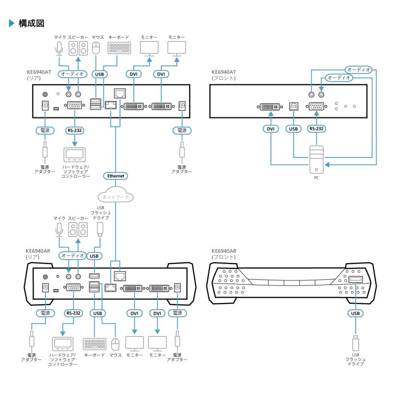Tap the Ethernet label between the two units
point(115,176)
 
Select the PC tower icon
point(316,159)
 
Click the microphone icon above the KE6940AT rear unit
point(58,49)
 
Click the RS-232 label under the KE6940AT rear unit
point(74,131)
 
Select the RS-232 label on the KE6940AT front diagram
point(316,129)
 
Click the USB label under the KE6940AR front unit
point(355,313)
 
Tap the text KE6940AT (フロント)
point(224,74)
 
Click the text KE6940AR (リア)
point(38,254)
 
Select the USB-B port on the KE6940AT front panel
point(294,106)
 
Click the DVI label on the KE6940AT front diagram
point(270,129)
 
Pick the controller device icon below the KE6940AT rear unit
point(74,154)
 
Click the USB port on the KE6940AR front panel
point(355,279)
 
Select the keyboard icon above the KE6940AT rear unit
point(119,48)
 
